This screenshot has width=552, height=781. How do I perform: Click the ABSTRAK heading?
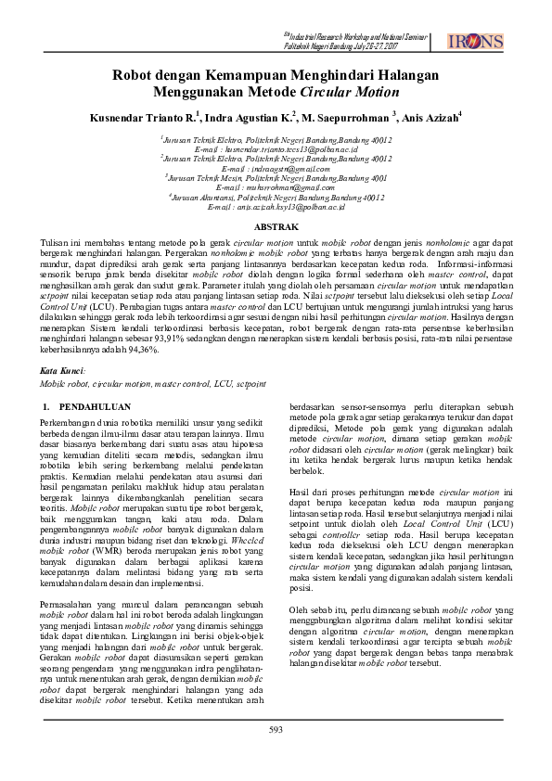[x=276, y=226]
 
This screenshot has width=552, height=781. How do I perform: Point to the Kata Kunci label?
[x=62, y=370]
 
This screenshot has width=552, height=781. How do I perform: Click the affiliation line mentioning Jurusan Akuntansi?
[x=277, y=197]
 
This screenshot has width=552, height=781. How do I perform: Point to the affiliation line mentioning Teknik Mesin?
[x=277, y=177]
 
